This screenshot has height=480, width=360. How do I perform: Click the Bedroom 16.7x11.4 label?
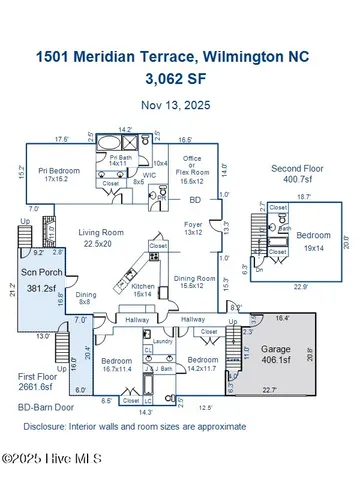117,364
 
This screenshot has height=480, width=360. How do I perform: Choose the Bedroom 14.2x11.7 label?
203,364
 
